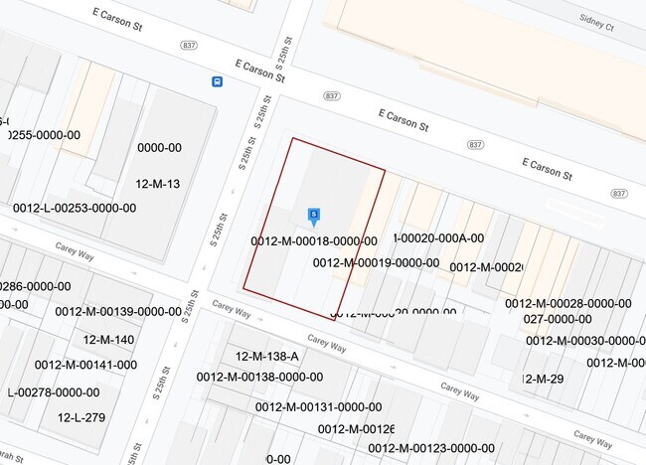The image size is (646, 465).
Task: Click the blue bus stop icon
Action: pyautogui.click(x=216, y=82)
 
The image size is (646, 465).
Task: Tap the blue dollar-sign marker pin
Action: pyautogui.click(x=314, y=215)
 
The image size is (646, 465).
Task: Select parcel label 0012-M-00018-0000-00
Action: pyautogui.click(x=314, y=240)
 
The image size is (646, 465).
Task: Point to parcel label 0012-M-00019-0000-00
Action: pyautogui.click(x=376, y=263)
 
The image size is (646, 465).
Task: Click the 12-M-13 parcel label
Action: pyautogui.click(x=158, y=184)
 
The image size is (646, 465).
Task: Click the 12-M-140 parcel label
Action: pyautogui.click(x=109, y=340)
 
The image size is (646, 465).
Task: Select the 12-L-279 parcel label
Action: pyautogui.click(x=81, y=417)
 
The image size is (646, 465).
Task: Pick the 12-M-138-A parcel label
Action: pyautogui.click(x=266, y=356)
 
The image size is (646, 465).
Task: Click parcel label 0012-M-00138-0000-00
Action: pyautogui.click(x=259, y=377)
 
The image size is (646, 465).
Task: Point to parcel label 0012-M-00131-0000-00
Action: pyautogui.click(x=318, y=406)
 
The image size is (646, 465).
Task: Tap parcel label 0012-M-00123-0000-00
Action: pyautogui.click(x=431, y=448)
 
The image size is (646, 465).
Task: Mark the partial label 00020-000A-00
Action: pyautogui.click(x=440, y=237)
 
